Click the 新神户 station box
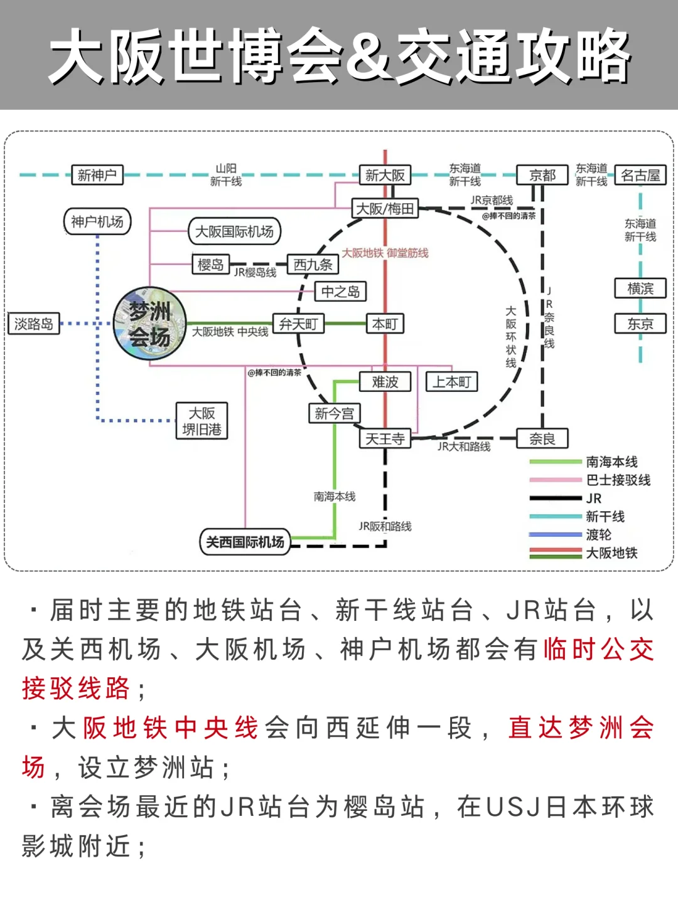point(97,175)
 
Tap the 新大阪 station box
point(385,175)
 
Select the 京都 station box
point(542,175)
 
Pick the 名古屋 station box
point(640,175)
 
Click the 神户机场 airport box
point(97,221)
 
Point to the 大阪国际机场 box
point(234,231)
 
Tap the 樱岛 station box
point(210,265)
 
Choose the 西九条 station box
point(313,265)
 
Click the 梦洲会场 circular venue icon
point(150,324)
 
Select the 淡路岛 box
point(34,324)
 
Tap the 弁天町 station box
point(298,324)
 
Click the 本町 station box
point(385,324)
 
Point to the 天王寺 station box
point(385,438)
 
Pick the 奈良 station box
point(542,438)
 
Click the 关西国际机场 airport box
point(245,542)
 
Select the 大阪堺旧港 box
point(202,421)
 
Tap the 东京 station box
point(640,324)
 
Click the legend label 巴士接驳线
point(618,480)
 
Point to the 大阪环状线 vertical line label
point(511,337)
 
